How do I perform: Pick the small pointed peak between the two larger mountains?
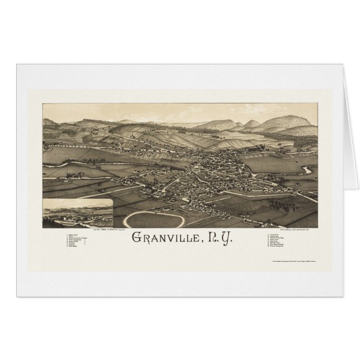(x=252, y=124)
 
